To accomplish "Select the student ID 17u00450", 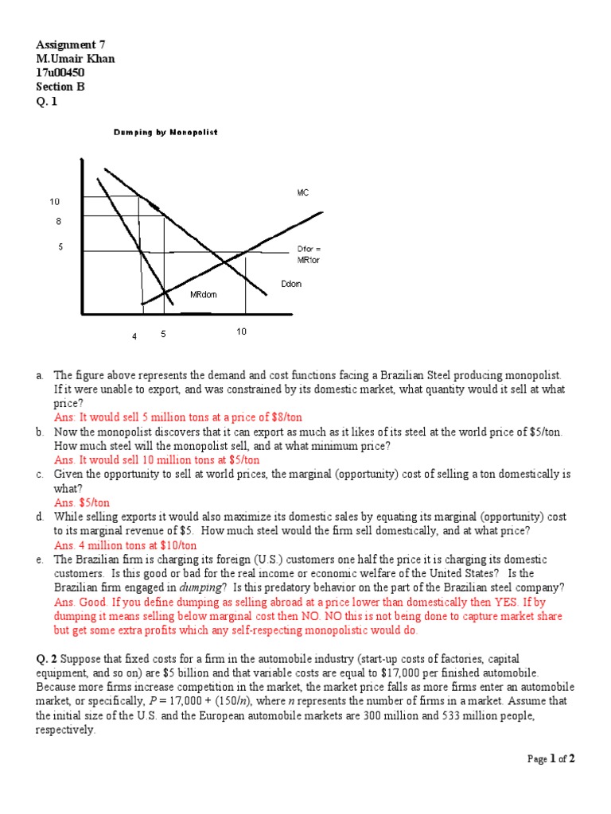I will coord(60,73).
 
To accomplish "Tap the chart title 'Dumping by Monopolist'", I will coord(165,132).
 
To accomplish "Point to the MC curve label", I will coord(303,193).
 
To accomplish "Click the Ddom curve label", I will coord(291,284).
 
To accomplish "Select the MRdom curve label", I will coord(203,295).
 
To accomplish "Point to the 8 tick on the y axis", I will coord(58,221).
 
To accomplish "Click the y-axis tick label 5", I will coord(60,247).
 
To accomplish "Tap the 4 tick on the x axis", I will coord(134,336).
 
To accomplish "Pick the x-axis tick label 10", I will coord(242,331).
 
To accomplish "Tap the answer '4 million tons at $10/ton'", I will coord(126,545).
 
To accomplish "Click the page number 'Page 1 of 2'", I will coord(551,759).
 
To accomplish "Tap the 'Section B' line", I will coord(60,87).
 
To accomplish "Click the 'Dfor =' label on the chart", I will coord(309,249).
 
